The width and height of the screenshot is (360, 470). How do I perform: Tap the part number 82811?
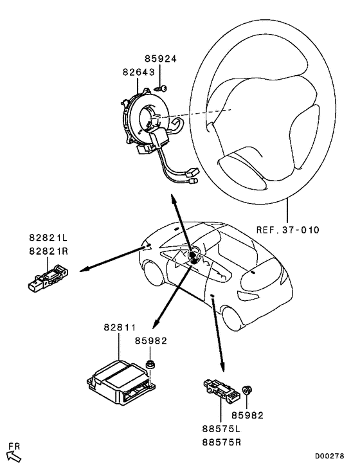tap(120, 328)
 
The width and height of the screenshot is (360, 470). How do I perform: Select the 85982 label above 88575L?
tap(248, 415)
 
